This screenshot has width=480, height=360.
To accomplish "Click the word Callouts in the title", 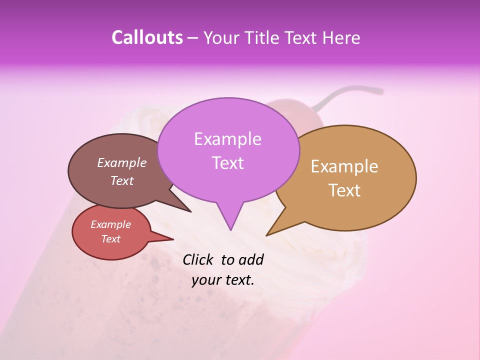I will pyautogui.click(x=147, y=37).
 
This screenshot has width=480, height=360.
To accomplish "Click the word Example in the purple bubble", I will pyautogui.click(x=227, y=139).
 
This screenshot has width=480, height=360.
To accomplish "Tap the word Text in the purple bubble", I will pyautogui.click(x=228, y=163).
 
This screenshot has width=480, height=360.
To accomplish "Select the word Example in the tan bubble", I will pyautogui.click(x=344, y=166).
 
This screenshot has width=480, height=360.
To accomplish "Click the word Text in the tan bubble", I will pyautogui.click(x=345, y=190).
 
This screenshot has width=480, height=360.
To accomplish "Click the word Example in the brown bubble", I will pyautogui.click(x=122, y=163).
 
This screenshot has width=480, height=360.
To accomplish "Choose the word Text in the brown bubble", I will pyautogui.click(x=122, y=181).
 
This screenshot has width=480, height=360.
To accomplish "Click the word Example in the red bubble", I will pyautogui.click(x=111, y=224).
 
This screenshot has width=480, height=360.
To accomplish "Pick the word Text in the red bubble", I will pyautogui.click(x=111, y=239).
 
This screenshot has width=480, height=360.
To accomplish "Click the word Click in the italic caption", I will pyautogui.click(x=198, y=259).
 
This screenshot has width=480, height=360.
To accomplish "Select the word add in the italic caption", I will pyautogui.click(x=250, y=259).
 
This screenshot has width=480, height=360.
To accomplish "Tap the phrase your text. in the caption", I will pyautogui.click(x=223, y=280).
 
